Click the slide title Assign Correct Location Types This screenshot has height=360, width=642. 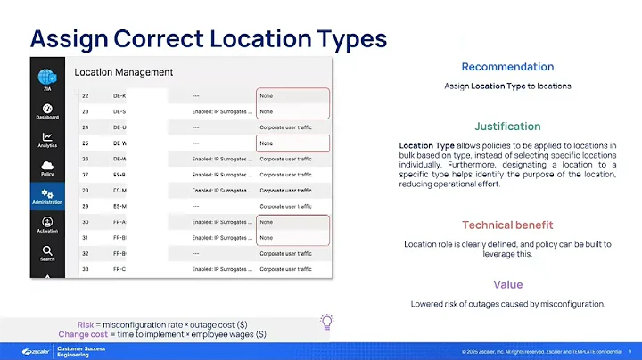pos(209,38)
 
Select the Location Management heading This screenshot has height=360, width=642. pos(123,72)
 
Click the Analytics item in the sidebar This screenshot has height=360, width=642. pos(47,139)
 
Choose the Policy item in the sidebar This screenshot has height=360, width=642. pos(47,167)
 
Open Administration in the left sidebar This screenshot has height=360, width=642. pos(47,197)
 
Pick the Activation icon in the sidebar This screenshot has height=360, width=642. pos(47,225)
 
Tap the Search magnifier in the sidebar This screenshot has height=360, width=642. pos(47,253)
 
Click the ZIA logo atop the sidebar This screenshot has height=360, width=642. pos(47,79)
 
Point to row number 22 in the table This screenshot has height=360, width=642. pos(86,95)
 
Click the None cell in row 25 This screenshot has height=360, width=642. pos(266,143)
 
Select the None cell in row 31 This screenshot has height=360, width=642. pos(266,238)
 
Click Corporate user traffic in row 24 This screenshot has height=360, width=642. pos(285,127)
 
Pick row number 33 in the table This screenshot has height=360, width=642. pos(86,269)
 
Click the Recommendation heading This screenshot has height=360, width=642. pos(507,67)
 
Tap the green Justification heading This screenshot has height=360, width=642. pos(507,127)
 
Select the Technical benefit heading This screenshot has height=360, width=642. pos(507,225)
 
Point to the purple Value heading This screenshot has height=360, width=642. pos(507,284)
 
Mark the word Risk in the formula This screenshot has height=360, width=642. pos(88,323)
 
